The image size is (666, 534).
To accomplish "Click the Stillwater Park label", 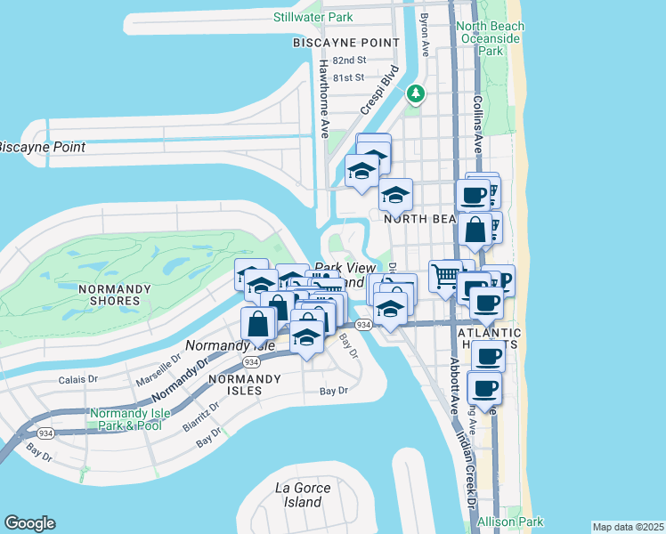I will (313, 17).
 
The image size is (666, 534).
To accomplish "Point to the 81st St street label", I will (348, 77).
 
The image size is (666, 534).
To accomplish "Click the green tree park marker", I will (415, 93).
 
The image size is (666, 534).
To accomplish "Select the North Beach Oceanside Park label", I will (491, 38).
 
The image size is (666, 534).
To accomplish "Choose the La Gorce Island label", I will (303, 495).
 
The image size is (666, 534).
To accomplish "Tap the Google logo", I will (29, 523).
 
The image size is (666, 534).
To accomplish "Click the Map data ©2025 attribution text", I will (628, 527).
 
